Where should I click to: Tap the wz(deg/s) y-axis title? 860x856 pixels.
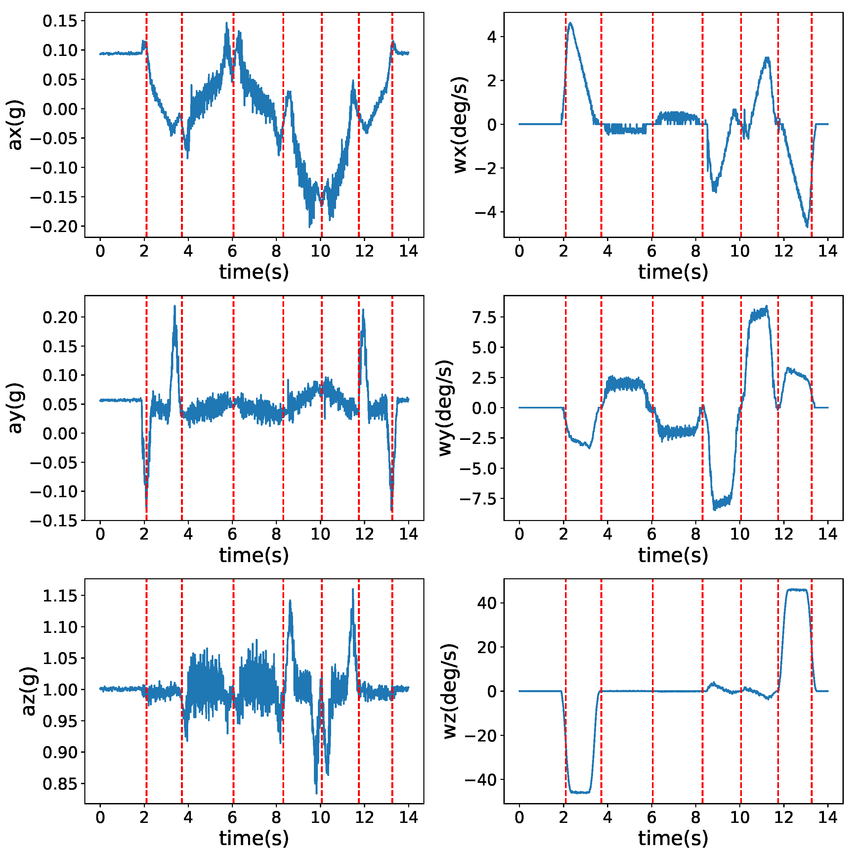tap(450, 691)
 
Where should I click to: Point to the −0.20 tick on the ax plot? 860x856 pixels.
tap(53, 227)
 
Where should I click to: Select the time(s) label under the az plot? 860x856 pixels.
tap(254, 838)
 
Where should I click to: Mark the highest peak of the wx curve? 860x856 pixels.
tap(570, 23)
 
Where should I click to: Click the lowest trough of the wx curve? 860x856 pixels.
tap(807, 226)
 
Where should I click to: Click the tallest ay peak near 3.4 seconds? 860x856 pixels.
tap(175, 307)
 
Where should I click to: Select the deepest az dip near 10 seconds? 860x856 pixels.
tap(316, 792)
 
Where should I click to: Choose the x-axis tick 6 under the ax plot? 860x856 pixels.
tap(232, 251)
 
